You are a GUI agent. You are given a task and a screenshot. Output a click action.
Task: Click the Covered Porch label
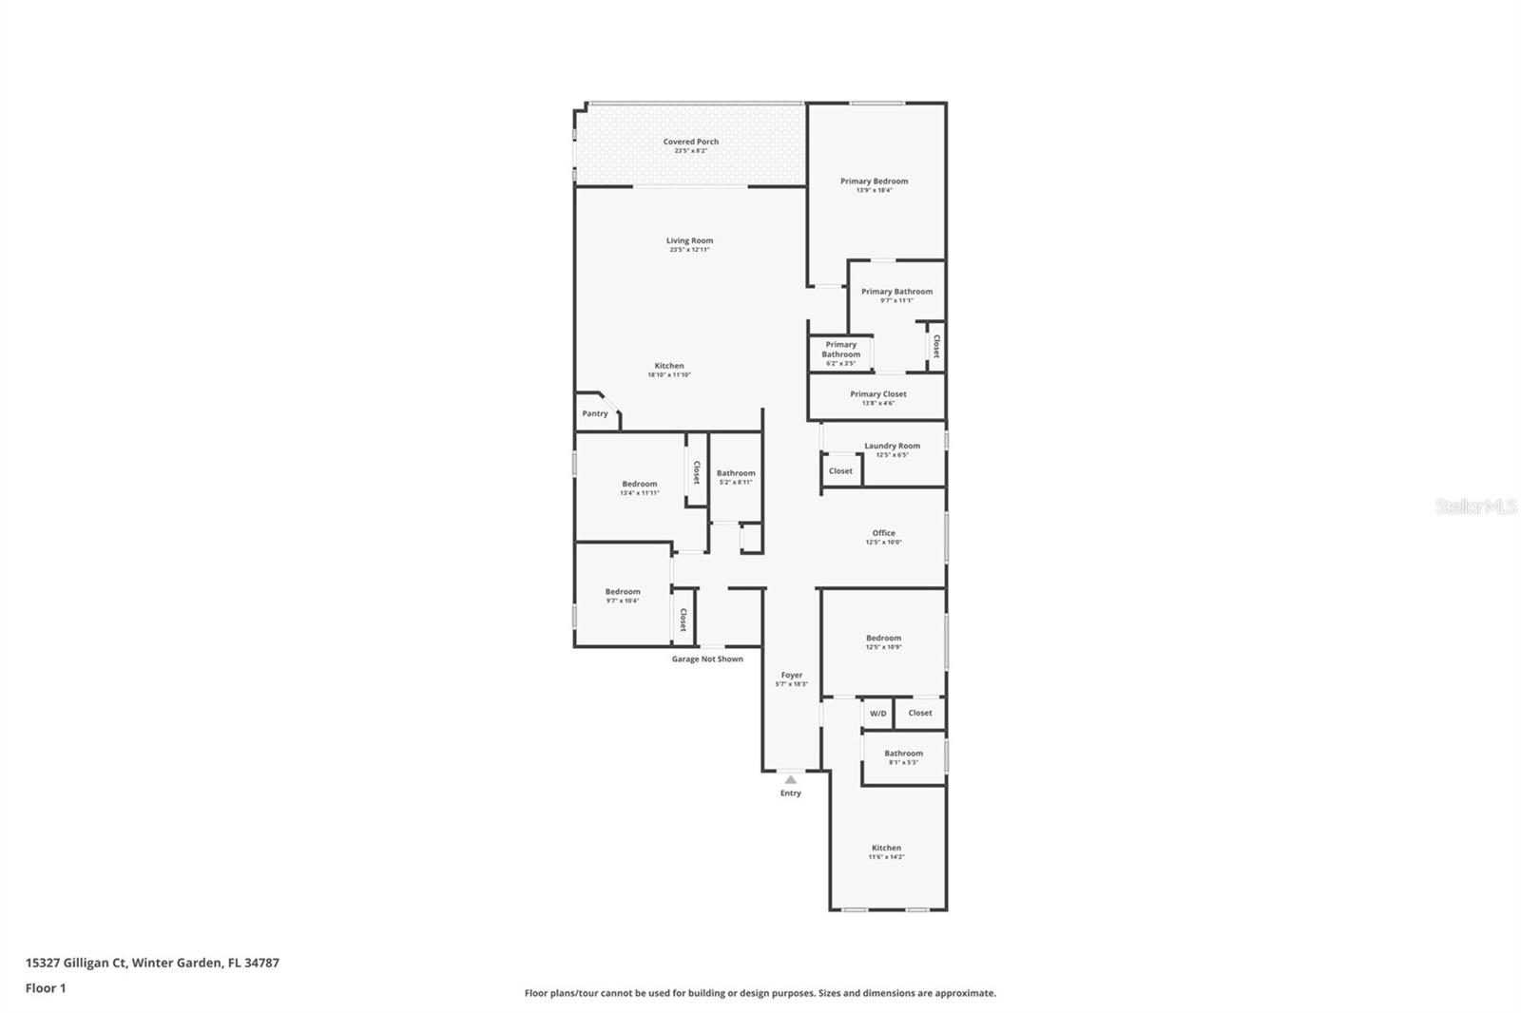pos(691,142)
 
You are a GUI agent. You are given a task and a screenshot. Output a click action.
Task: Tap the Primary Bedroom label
pos(874,181)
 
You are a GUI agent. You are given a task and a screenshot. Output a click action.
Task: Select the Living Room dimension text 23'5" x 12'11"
pos(689,250)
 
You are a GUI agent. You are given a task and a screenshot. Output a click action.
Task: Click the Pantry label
pos(595,413)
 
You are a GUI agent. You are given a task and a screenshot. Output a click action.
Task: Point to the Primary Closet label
pos(877,393)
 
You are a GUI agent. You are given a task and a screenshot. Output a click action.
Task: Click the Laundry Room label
pos(892,446)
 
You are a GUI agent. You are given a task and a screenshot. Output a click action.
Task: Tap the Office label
pos(883,533)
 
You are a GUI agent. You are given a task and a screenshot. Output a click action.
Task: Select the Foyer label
pos(791,675)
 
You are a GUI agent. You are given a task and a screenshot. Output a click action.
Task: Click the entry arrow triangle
pos(790,779)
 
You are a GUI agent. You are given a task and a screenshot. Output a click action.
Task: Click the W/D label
pos(877,714)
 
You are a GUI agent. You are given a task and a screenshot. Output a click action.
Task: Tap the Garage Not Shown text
pos(707,659)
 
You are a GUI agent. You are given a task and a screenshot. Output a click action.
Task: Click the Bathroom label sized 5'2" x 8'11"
pos(736,473)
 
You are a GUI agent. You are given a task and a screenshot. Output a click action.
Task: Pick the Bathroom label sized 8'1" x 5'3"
pos(903,753)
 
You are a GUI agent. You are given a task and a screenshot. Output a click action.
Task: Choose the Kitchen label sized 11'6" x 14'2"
pos(886,848)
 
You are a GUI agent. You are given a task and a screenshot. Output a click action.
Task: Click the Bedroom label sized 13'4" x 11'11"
pos(639,484)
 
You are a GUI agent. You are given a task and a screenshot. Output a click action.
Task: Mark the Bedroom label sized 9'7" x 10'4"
pos(623,591)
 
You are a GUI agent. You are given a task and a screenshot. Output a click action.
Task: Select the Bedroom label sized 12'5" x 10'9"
pos(883,638)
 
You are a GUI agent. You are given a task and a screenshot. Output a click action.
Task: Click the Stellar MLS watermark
pos(1475,507)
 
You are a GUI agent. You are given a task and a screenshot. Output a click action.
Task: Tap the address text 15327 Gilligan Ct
pos(76,963)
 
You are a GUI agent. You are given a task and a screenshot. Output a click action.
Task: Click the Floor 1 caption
pos(46,988)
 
